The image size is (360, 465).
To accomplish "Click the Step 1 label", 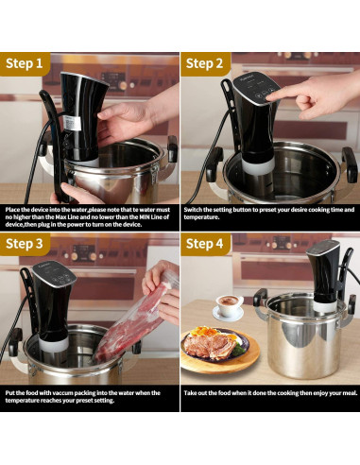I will [26, 64].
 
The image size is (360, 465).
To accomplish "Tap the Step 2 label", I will [204, 64].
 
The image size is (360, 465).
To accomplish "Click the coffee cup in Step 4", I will [228, 305].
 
